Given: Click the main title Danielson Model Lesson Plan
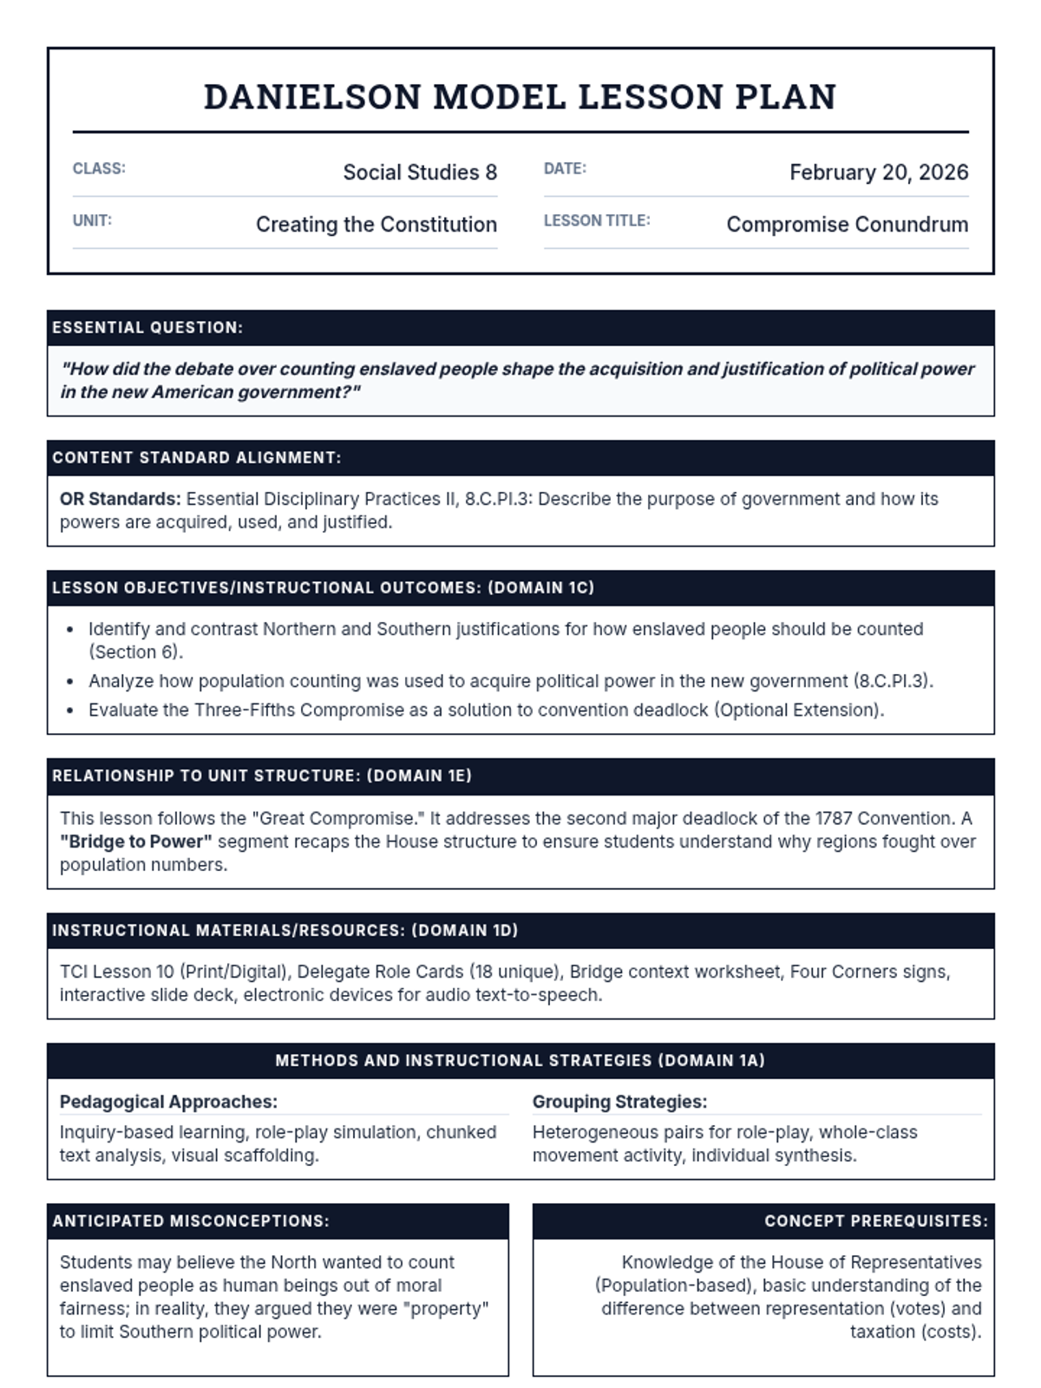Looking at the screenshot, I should coord(520,97).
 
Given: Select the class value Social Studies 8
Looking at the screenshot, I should coord(420,173).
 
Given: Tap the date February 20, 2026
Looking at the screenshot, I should coord(878,173).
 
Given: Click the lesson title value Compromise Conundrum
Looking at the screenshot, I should coord(847,225).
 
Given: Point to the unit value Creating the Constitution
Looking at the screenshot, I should coord(376,225).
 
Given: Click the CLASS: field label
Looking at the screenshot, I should coord(99,168).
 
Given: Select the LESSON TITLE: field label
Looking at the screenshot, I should coord(597,220).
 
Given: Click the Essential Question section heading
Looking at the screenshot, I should coord(147,328).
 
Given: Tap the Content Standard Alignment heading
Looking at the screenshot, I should coord(197,458).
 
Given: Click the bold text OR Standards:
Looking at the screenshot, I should coord(120,499).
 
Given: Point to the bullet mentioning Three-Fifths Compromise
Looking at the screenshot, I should coord(486,710).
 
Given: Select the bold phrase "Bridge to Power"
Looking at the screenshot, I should coord(136,841).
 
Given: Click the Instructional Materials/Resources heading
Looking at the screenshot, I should coord(285,931).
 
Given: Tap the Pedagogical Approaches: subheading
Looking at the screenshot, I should coord(168,1102).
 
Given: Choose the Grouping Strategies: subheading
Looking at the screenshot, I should coord(619,1102).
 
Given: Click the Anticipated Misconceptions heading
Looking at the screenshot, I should coord(191,1221).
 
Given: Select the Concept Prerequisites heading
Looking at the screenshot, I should coord(875,1221).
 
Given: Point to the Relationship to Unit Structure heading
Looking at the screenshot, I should coord(261,776).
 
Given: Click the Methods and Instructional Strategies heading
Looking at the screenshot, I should coord(520,1061).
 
